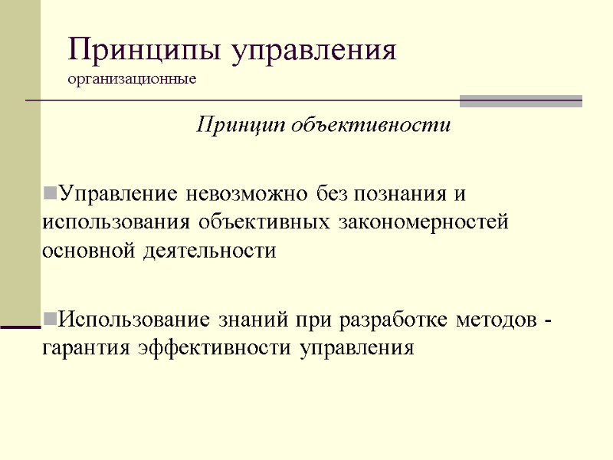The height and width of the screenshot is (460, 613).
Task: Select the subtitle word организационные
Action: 132,79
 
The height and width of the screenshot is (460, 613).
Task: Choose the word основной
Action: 90,251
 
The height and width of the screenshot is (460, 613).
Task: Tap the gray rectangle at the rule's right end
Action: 520,101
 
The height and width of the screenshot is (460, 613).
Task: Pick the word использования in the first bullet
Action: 114,222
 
